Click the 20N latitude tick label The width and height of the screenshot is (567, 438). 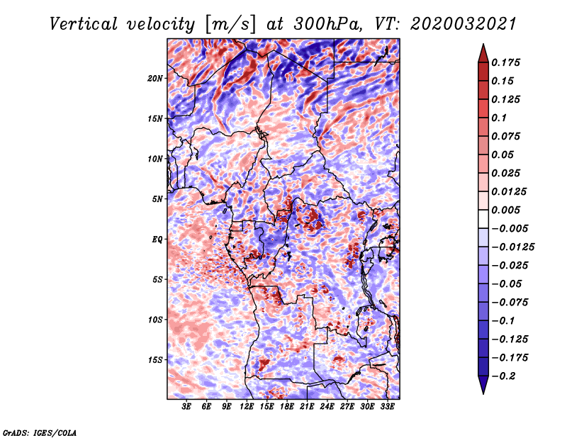coord(155,79)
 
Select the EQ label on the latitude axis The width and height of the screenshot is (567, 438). coord(157,240)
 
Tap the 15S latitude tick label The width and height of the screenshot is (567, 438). coord(155,360)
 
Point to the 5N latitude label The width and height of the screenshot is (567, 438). coord(157,199)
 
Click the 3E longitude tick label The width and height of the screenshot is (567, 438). coord(186,407)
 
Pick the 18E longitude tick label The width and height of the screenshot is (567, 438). coord(287,407)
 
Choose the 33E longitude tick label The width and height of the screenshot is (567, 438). coord(387,407)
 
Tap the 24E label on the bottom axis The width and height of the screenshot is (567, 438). coord(327,407)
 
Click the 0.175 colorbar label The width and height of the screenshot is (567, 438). coord(505,62)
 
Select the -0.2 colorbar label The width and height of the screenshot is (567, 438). coord(503,376)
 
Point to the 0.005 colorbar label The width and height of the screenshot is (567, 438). coord(505,210)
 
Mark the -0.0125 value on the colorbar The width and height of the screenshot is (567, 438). coord(512,247)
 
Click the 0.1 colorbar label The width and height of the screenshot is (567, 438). coord(499,118)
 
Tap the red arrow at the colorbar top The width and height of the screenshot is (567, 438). coord(483,53)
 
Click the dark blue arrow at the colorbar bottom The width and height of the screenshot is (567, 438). coord(483,385)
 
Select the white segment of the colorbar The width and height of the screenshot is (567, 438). coord(483,219)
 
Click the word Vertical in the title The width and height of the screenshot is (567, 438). coord(83,24)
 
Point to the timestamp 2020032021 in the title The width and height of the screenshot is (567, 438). coord(464,24)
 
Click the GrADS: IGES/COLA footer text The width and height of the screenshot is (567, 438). coord(40,432)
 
